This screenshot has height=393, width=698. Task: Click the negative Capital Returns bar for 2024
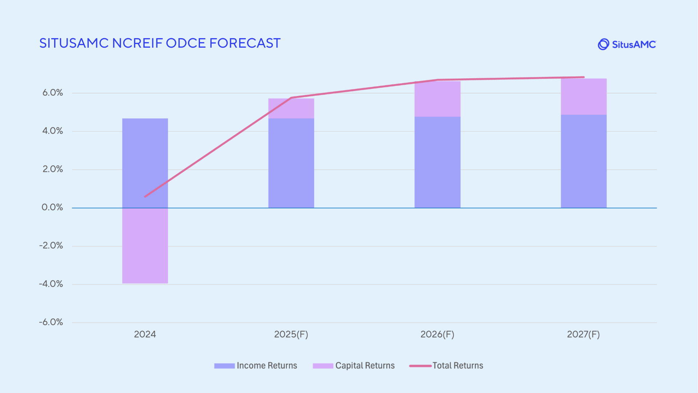click(145, 246)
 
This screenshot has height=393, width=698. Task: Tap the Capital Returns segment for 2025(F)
click(291, 108)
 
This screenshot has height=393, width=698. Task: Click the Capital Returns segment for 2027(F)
click(583, 97)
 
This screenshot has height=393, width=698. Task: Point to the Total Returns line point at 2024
click(145, 196)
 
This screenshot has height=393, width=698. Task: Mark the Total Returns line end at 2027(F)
click(583, 77)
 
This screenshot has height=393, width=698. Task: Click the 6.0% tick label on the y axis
click(53, 93)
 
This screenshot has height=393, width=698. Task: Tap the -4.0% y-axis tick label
click(51, 284)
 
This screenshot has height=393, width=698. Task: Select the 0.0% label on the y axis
click(52, 207)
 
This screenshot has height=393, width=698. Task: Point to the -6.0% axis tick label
click(51, 322)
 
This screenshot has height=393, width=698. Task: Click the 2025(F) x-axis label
click(291, 334)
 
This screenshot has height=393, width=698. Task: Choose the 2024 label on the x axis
click(145, 334)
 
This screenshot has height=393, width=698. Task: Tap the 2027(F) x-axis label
click(583, 334)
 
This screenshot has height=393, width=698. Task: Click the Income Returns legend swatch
click(224, 366)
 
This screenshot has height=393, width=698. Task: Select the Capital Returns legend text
click(365, 366)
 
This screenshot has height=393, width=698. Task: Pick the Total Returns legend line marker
click(420, 366)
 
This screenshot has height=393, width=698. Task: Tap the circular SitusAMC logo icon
click(603, 44)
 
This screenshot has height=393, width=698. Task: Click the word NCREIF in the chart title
click(137, 43)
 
